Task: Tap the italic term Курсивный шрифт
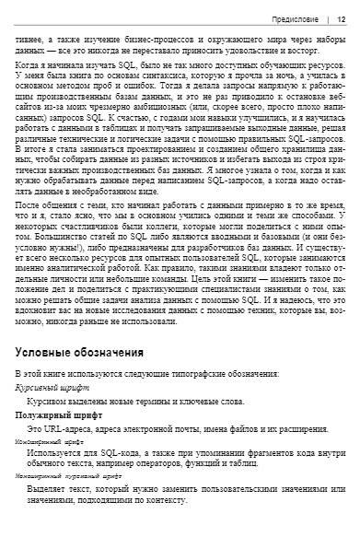tap(52, 390)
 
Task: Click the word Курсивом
tap(49, 403)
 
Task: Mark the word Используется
tap(58, 453)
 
